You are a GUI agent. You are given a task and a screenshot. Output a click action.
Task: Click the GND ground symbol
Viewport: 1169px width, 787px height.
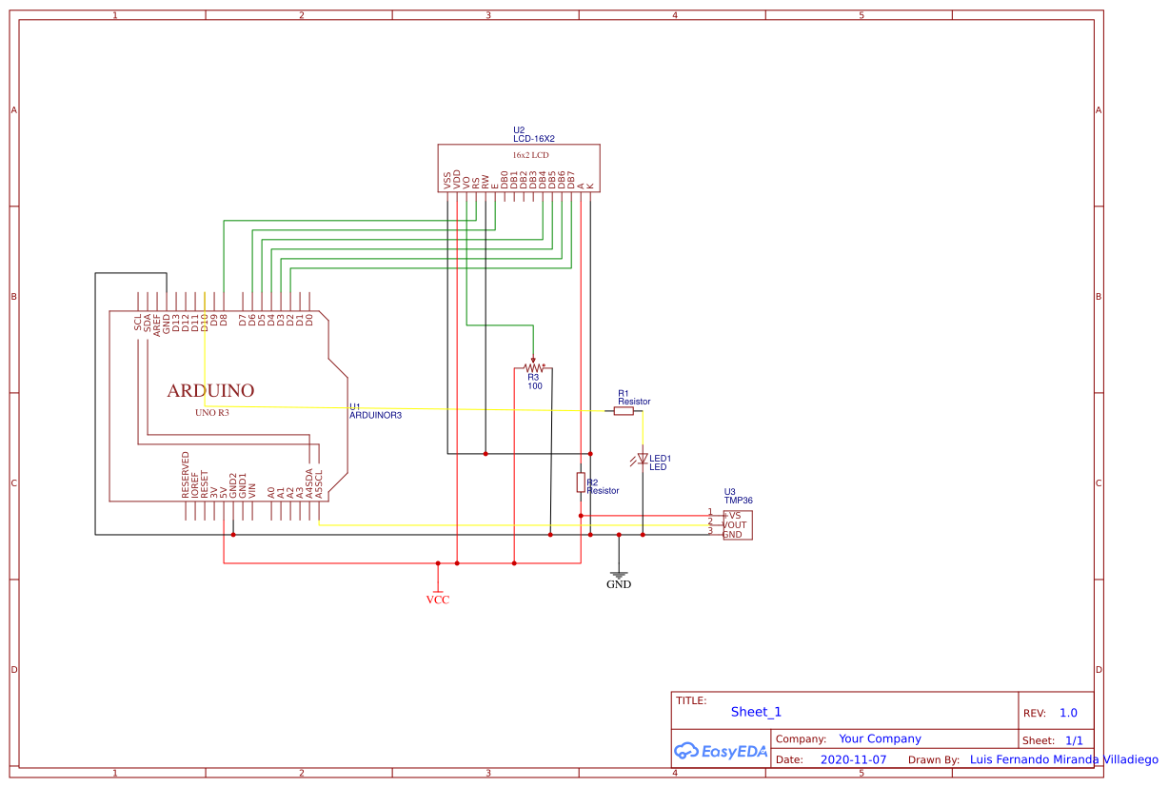[619, 576]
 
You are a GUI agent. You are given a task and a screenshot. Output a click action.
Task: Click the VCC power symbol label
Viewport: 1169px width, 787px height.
[437, 600]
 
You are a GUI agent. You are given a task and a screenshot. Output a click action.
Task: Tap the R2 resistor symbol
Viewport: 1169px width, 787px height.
[581, 482]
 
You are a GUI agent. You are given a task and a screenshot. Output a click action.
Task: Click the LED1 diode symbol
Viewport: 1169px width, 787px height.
[643, 459]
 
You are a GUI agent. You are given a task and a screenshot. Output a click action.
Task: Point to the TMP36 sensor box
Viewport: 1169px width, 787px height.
[737, 525]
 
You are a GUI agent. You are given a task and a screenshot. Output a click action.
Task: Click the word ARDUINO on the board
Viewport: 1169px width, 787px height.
[210, 390]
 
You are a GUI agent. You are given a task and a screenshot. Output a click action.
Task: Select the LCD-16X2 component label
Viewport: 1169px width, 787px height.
[533, 139]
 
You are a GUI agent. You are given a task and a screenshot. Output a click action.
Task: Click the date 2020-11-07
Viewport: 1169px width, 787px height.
[853, 760]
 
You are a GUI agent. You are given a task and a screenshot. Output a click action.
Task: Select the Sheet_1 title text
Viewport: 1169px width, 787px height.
[756, 712]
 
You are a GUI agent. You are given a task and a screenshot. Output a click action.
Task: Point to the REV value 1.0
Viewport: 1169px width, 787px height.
[1068, 713]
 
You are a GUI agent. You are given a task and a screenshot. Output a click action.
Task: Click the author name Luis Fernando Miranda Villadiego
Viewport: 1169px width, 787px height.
[1063, 759]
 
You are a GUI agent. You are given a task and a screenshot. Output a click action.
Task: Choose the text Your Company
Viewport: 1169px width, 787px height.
[880, 738]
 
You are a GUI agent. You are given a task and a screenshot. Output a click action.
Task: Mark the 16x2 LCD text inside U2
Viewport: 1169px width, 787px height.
[530, 154]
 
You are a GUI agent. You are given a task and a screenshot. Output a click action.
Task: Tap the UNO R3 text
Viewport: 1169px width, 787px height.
[211, 413]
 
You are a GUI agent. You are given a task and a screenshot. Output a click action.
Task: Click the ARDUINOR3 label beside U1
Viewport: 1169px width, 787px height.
[375, 415]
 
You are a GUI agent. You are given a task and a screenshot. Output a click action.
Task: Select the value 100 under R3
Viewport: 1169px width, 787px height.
[534, 385]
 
